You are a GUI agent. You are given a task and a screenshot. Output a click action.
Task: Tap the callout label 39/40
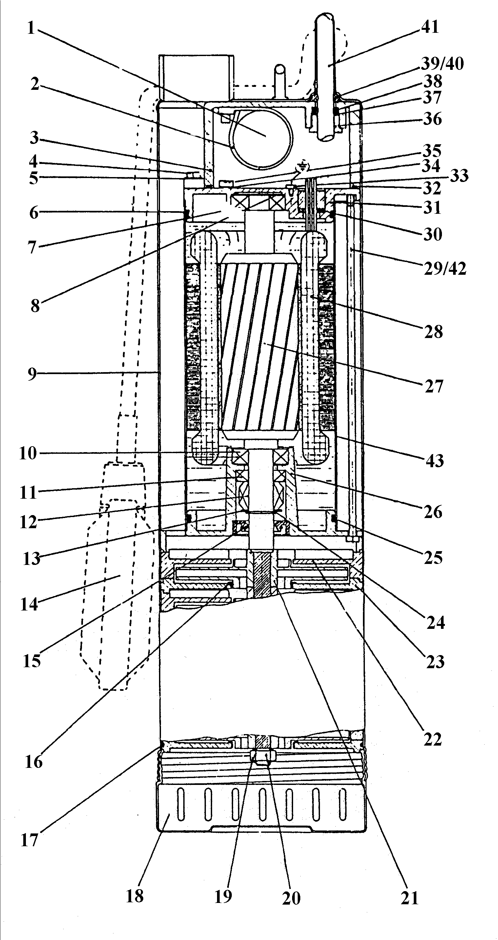click(x=443, y=64)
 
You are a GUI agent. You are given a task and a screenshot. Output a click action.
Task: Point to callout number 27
click(x=434, y=386)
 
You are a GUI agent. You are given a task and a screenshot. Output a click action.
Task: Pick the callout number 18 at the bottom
click(x=135, y=896)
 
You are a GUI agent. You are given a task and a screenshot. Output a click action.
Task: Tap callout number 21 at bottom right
click(x=409, y=898)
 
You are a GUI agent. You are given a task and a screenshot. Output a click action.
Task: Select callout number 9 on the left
click(x=32, y=374)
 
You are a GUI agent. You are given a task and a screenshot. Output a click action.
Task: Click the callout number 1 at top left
click(x=31, y=28)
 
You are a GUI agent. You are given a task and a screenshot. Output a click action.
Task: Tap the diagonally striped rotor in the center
click(x=260, y=347)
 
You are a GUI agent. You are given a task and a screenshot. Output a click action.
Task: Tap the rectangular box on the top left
click(x=196, y=77)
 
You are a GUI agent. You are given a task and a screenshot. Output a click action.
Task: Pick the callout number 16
click(x=33, y=762)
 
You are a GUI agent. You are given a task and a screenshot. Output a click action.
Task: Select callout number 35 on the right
click(x=432, y=151)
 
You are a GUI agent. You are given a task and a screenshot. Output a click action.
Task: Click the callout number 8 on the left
click(x=35, y=306)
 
